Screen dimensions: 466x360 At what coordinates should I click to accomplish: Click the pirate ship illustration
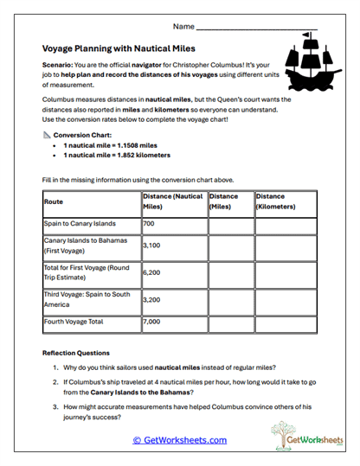pyautogui.click(x=309, y=62)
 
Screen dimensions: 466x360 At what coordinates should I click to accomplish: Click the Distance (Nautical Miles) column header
pyautogui.click(x=172, y=201)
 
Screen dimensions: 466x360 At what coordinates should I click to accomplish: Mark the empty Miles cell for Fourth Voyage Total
pyautogui.click(x=229, y=322)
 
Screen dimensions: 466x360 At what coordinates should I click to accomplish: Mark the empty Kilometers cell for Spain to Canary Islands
pyautogui.click(x=285, y=224)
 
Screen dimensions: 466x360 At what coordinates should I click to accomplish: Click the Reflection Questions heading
pyautogui.click(x=76, y=353)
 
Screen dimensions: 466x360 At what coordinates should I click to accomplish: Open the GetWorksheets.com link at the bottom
pyautogui.click(x=180, y=440)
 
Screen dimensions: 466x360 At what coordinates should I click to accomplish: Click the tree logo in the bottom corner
pyautogui.click(x=283, y=434)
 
